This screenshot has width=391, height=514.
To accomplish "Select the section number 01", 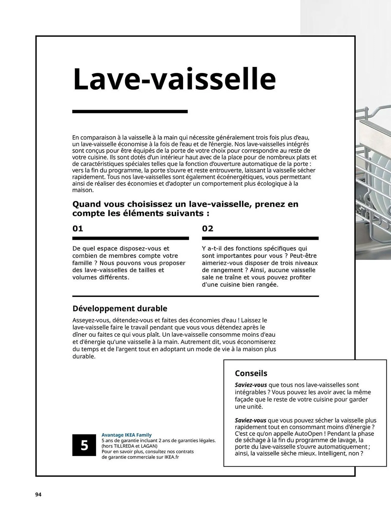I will [78, 228].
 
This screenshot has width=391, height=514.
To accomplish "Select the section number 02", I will [208, 228].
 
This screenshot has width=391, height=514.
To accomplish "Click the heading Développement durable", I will [120, 308].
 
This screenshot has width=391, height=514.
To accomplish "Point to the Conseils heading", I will [251, 373].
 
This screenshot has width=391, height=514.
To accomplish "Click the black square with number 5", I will [84, 445].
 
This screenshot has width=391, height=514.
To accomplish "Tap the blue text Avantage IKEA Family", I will [126, 435].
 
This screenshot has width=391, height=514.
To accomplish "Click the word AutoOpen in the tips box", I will [308, 434].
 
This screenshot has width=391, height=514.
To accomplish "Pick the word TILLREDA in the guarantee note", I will [125, 446].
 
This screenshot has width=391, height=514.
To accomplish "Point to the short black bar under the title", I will [130, 112].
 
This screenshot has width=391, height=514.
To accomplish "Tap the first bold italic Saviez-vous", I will [251, 385].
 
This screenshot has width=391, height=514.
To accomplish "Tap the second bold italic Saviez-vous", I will [250, 420].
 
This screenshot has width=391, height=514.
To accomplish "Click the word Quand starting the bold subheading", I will [87, 204].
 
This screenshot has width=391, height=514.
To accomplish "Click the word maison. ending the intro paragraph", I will [83, 190].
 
